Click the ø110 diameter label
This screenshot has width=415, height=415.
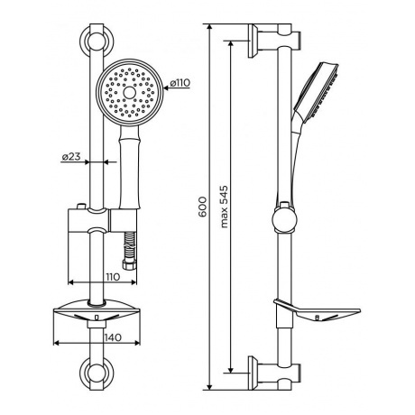[180, 82]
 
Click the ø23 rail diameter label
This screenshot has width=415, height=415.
[71, 156]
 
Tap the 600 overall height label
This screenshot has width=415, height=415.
[202, 207]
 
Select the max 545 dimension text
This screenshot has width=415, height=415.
[224, 207]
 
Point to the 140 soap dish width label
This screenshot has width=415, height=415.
[113, 337]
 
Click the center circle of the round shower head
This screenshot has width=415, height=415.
[130, 92]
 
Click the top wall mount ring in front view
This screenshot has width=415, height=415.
[97, 40]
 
